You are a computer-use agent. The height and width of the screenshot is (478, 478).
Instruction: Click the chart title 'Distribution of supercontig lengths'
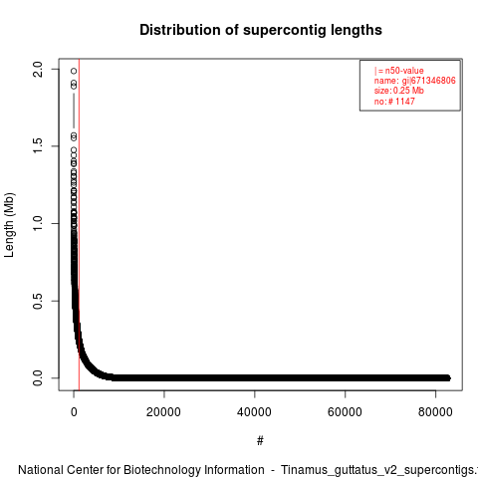[261, 30]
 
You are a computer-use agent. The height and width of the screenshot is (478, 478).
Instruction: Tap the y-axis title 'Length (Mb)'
[9, 225]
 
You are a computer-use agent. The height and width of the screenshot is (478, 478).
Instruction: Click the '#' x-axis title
[260, 441]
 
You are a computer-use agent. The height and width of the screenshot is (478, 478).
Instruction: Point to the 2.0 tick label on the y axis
[38, 69]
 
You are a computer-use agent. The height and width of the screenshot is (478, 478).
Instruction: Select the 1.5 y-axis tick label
[38, 146]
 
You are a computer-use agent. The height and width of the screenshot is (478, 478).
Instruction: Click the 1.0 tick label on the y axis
[38, 223]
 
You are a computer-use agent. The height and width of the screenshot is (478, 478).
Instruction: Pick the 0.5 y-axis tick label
[38, 301]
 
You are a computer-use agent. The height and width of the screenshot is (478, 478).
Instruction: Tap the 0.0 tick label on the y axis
[38, 378]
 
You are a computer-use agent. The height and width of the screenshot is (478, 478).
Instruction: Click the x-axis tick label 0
[74, 412]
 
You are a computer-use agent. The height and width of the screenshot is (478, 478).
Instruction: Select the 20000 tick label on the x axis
[163, 412]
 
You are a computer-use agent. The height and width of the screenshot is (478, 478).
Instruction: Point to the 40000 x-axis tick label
[254, 412]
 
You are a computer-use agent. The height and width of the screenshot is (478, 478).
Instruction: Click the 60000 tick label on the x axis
[345, 412]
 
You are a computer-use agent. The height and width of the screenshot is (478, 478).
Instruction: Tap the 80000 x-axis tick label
[435, 412]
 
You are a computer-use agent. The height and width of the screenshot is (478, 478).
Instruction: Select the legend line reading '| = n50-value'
[399, 71]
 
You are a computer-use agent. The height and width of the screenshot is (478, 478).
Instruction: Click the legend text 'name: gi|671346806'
[415, 81]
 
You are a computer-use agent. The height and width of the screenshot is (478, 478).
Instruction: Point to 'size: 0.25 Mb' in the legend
[399, 91]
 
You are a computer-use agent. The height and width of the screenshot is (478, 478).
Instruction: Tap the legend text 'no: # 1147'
[394, 101]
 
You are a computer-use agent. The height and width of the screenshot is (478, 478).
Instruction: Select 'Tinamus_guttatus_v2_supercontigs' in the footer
[379, 471]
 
